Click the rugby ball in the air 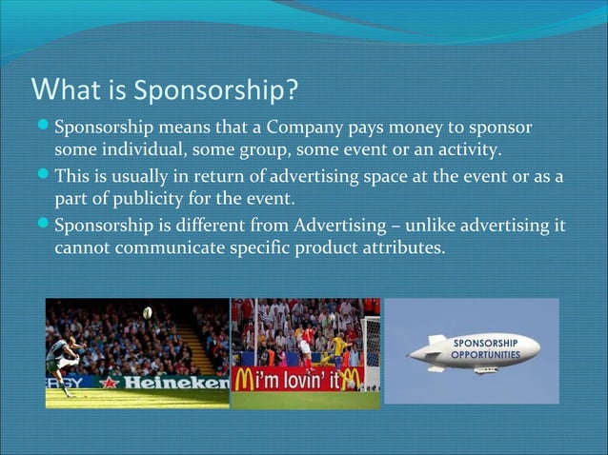point(147,312)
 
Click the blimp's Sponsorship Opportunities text point(485,348)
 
